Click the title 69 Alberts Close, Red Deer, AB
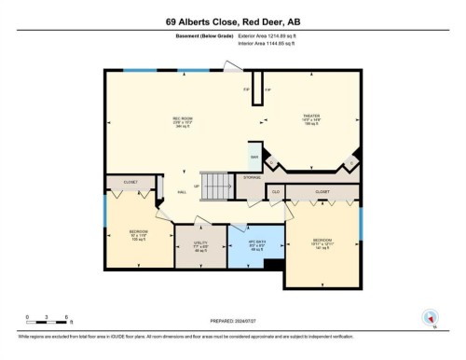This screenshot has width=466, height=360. [x=232, y=21]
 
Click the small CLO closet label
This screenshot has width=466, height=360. [x=276, y=192]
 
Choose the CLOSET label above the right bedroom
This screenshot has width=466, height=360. [x=322, y=192]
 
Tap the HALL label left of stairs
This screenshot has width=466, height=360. [x=183, y=192]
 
